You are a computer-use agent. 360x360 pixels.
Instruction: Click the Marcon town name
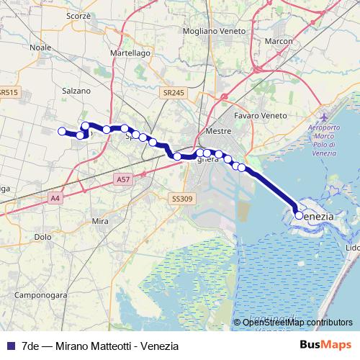(279, 42)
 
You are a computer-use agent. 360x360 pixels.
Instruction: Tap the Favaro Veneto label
(261, 115)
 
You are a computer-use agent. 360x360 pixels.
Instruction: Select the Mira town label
(99, 222)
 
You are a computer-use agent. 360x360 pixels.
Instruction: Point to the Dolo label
(42, 236)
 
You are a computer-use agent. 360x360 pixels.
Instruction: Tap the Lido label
(353, 248)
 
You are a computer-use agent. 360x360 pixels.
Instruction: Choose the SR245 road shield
(174, 93)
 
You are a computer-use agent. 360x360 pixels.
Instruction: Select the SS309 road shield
(182, 198)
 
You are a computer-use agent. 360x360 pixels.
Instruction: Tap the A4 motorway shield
(55, 197)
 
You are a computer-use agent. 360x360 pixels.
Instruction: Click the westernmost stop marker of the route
(62, 131)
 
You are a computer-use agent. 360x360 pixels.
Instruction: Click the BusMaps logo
(329, 346)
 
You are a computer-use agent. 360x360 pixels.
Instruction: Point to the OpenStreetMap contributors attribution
(297, 323)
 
